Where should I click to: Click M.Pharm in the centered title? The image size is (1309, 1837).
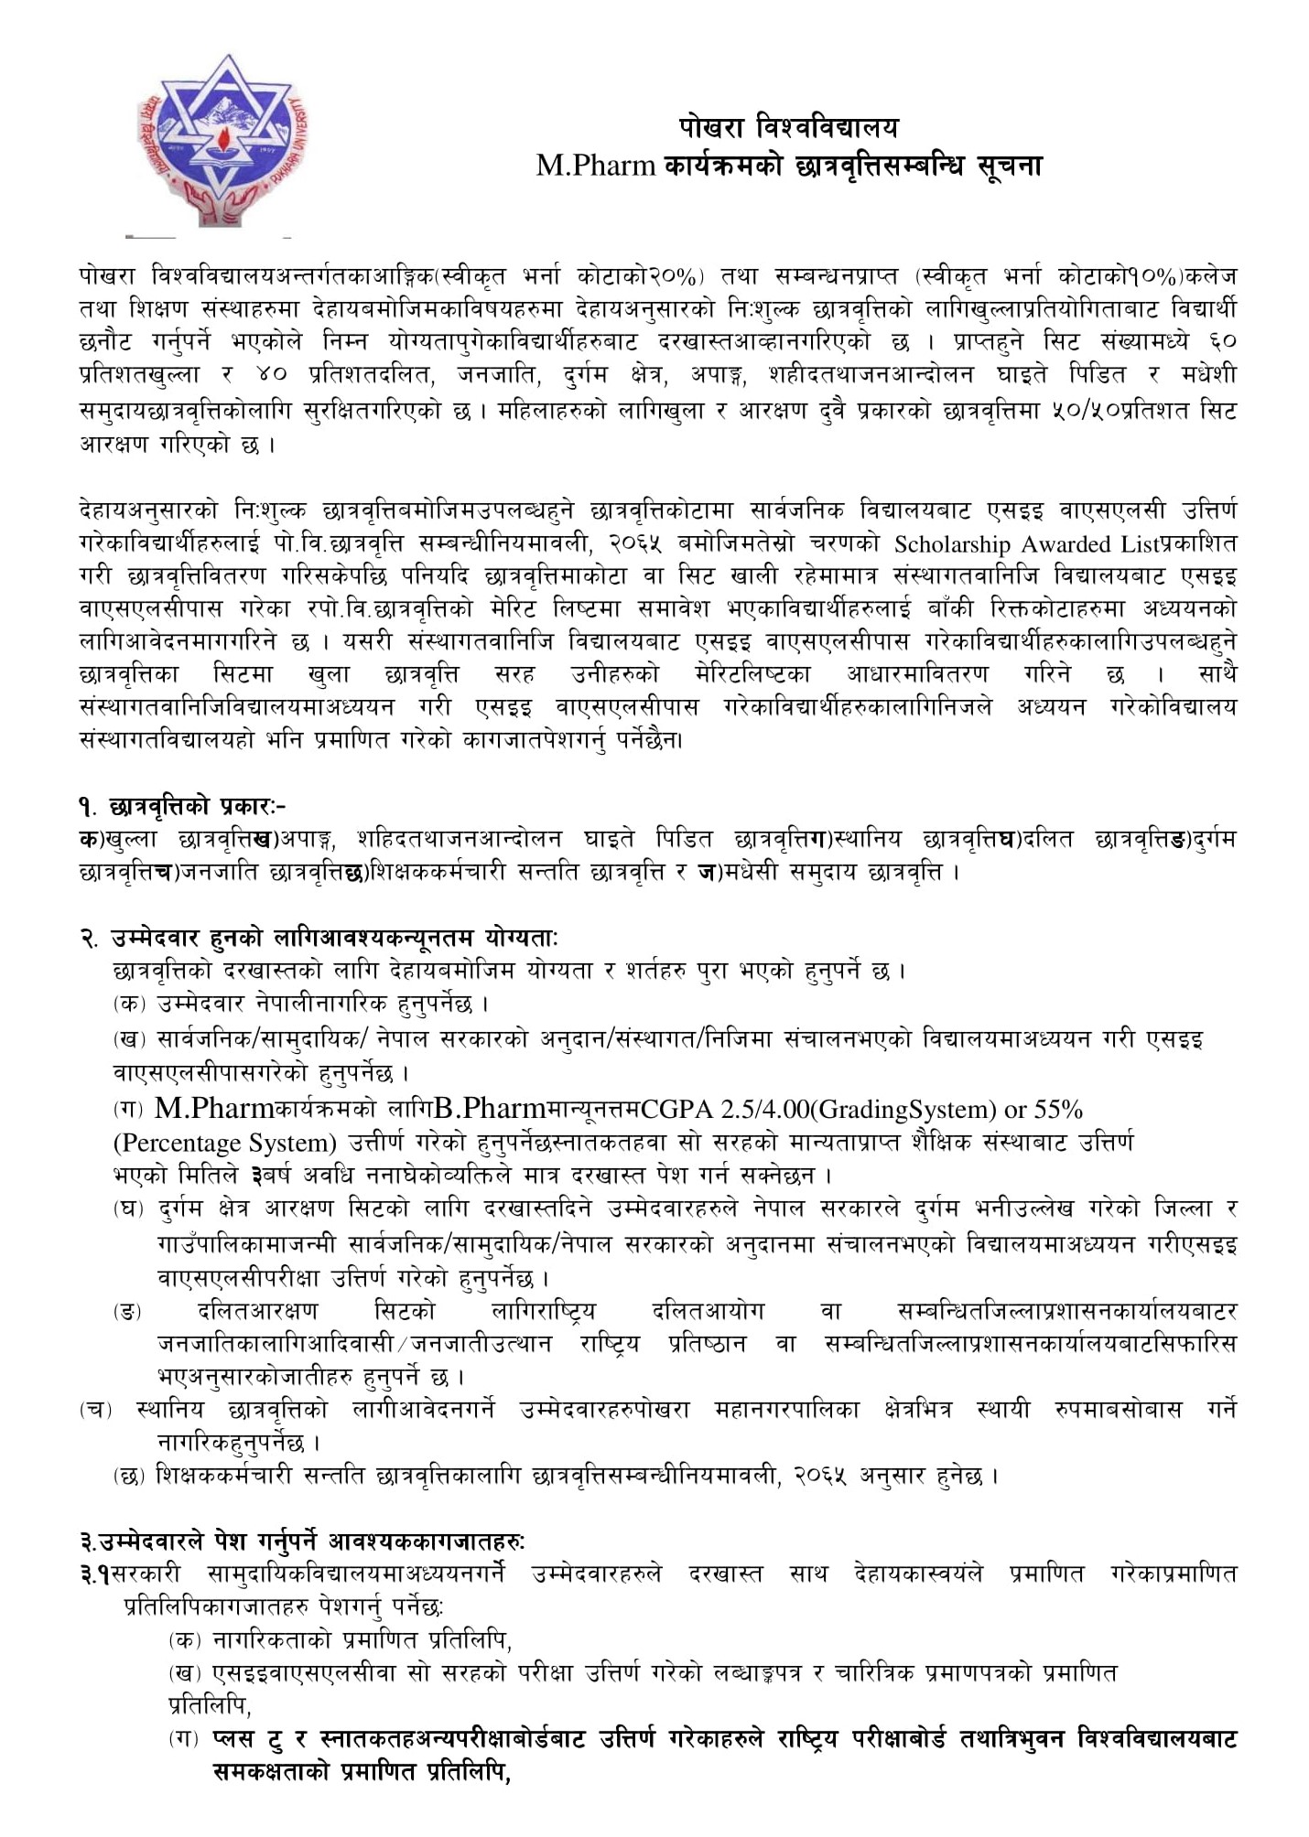596,165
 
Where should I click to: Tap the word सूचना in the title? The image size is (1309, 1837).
1008,165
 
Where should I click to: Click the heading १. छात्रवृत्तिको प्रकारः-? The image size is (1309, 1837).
182,806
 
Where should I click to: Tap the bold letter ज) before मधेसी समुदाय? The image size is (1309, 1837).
706,872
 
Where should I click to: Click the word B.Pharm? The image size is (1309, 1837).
489,1109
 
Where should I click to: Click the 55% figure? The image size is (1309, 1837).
1058,1110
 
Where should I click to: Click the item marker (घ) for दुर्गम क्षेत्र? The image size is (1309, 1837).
129,1209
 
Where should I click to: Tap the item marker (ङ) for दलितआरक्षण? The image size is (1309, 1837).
128,1312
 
